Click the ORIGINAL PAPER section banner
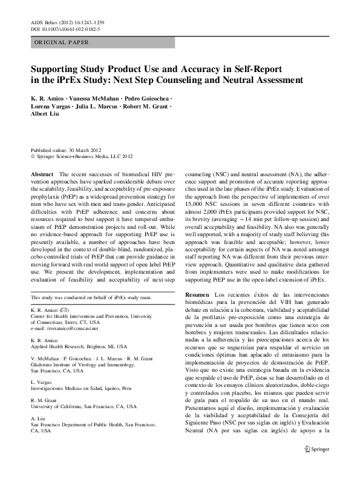click(x=61, y=42)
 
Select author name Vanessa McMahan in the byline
click(x=93, y=97)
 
